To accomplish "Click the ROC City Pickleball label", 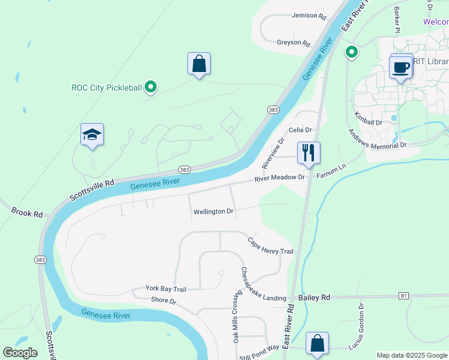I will coord(107,88).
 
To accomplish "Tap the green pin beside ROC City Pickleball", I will coord(151,88).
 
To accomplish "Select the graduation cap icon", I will coord(92,134).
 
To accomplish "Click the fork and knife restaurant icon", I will coord(309,153).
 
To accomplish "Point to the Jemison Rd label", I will coord(309,16).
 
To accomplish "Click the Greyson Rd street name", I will coord(293,43).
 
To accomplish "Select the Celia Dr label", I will coord(300,130).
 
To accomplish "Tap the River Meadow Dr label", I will coord(280,178).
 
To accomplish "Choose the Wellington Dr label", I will coord(213,212).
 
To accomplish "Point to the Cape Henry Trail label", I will coord(270,246).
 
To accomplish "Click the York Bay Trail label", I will coord(166,289).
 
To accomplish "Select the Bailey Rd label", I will coord(314,297).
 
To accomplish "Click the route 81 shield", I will coord(403,296).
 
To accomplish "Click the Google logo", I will coord(20,353).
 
